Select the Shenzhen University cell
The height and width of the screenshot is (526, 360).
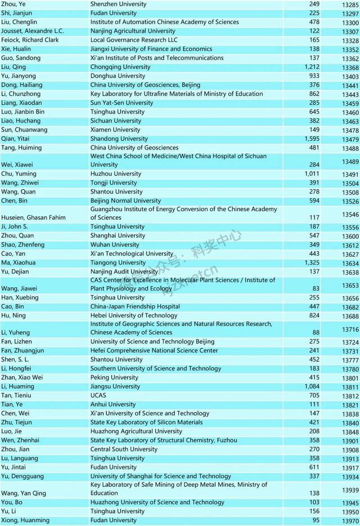[x=118, y=4]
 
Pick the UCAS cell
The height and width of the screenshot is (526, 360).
[x=99, y=395]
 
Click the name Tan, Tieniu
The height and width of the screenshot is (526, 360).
[x=17, y=395]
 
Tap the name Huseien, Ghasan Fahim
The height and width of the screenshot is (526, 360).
[x=33, y=217]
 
